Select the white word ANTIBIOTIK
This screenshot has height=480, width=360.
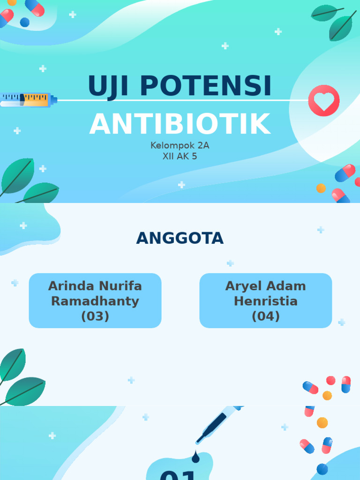coord(180,124)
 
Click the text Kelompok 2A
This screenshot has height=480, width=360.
coord(180,146)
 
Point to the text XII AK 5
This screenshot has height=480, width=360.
coord(180,157)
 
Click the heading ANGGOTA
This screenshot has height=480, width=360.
coord(180,239)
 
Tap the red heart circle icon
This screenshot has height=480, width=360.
coord(324,100)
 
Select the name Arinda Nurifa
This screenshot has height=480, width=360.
coord(95,286)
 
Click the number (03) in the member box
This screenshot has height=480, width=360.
coord(95,316)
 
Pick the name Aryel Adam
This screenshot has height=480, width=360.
coord(266,286)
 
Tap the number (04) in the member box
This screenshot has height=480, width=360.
coord(266,316)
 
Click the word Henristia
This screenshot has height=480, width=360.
coord(266,301)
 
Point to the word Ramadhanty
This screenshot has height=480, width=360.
coord(95,301)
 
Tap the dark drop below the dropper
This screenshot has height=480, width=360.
coord(195,457)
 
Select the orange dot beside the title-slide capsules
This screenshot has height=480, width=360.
coord(321,188)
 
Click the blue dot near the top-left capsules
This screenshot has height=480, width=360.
coord(25,22)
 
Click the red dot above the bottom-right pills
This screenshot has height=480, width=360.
coord(331,380)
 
